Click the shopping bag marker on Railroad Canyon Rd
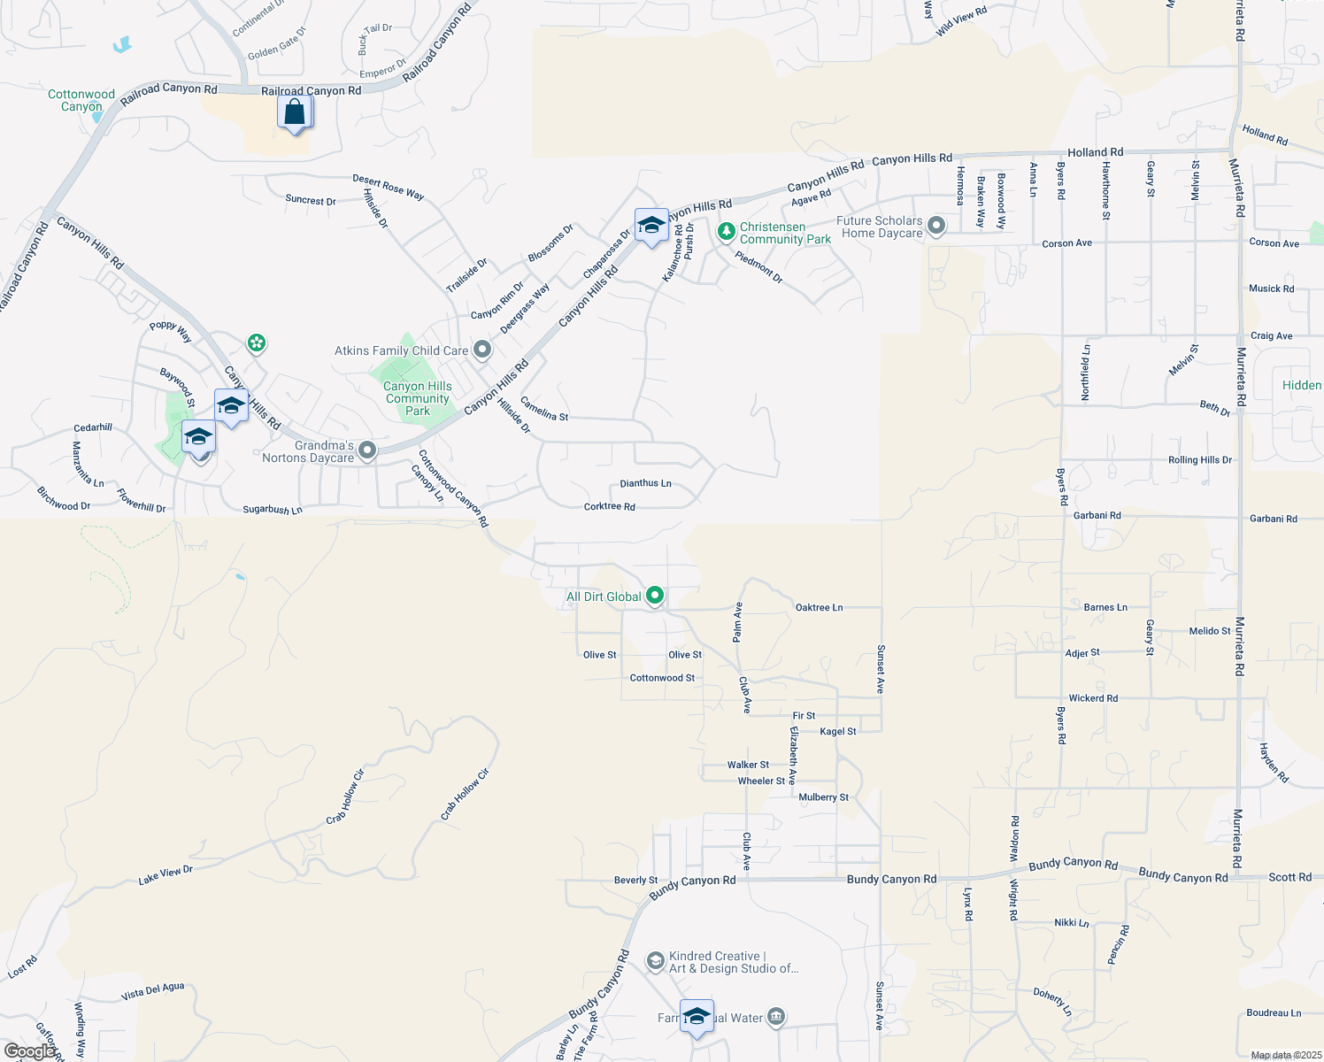click(295, 113)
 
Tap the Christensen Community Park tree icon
click(727, 232)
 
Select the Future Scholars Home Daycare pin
click(936, 227)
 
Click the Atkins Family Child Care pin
click(482, 350)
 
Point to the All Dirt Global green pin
click(655, 596)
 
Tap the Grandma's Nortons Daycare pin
click(367, 451)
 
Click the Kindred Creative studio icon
click(655, 961)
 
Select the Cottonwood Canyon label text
click(81, 100)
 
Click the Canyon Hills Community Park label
click(418, 398)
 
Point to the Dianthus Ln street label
click(645, 483)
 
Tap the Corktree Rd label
click(609, 507)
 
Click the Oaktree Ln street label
click(819, 607)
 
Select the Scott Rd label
click(1289, 877)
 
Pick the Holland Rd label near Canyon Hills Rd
click(1095, 152)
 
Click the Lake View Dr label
click(165, 875)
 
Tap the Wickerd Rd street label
click(1093, 698)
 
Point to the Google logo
click(29, 1051)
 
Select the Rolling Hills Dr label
click(1199, 460)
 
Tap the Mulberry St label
click(823, 797)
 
